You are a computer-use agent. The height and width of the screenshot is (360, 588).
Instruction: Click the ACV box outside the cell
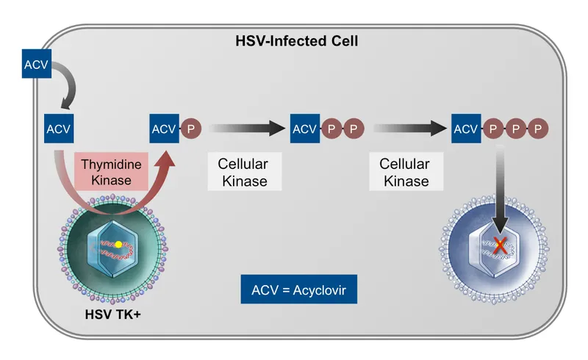(36, 65)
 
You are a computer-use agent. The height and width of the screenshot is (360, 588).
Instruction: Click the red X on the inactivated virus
(501, 247)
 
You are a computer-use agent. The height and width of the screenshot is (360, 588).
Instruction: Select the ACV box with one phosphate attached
(164, 129)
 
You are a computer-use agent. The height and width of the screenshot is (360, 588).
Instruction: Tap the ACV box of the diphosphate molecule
(304, 129)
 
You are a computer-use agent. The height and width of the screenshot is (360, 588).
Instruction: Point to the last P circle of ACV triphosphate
(539, 129)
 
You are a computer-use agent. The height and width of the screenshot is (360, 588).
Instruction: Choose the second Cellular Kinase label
(405, 172)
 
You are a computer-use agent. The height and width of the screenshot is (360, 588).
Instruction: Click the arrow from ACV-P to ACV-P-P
(246, 129)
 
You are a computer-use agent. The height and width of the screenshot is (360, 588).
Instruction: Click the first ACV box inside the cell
(58, 129)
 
